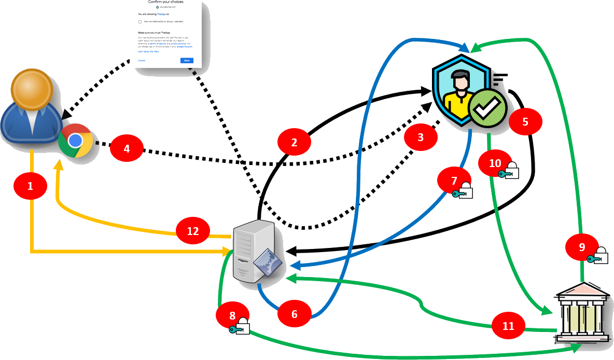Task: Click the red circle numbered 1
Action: [30, 186]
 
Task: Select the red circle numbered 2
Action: [294, 143]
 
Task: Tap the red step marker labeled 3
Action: [421, 137]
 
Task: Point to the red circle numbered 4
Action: [127, 149]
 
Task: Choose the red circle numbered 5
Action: [525, 122]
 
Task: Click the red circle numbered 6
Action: [294, 314]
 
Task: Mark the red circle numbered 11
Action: [508, 326]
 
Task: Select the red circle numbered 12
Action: [192, 231]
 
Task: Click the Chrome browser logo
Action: [75, 141]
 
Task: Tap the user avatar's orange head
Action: [32, 88]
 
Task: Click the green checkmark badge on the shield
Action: [487, 107]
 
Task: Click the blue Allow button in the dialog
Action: [187, 61]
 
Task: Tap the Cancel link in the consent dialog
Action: [142, 61]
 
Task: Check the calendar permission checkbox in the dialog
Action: [140, 22]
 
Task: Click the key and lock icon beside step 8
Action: [240, 328]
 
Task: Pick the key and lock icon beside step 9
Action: [597, 257]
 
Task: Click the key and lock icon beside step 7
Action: [463, 192]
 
